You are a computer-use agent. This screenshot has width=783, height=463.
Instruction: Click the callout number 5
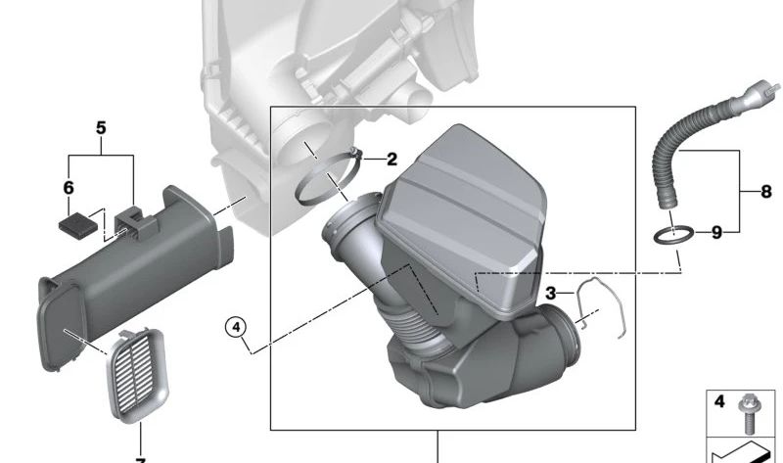100,128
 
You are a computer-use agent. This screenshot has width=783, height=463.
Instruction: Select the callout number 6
69,186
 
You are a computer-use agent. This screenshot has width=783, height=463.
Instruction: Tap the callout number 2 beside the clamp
391,159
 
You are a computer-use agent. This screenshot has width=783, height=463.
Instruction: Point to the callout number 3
551,293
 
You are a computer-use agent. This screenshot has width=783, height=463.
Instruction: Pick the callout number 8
766,193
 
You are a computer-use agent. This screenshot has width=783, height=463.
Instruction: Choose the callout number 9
716,233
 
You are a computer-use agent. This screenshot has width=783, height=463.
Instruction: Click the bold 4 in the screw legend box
718,401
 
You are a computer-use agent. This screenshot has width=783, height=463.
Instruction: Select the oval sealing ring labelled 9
674,235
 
